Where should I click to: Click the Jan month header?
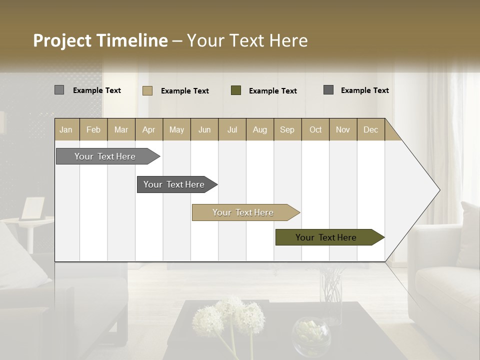pos(66,129)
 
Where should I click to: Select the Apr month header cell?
pos(148,129)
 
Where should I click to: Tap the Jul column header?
pos(232,129)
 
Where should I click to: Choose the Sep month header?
pos(287,129)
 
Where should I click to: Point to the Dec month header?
pos(370,129)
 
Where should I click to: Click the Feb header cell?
pos(93,129)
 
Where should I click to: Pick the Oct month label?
pos(315,129)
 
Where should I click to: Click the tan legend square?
pos(147,90)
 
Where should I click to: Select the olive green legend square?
pos(236,90)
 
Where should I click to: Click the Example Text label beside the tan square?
pos(184,91)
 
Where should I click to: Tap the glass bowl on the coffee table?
pos(311,333)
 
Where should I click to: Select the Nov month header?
pos(343,129)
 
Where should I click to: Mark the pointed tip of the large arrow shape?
pos(439,190)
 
